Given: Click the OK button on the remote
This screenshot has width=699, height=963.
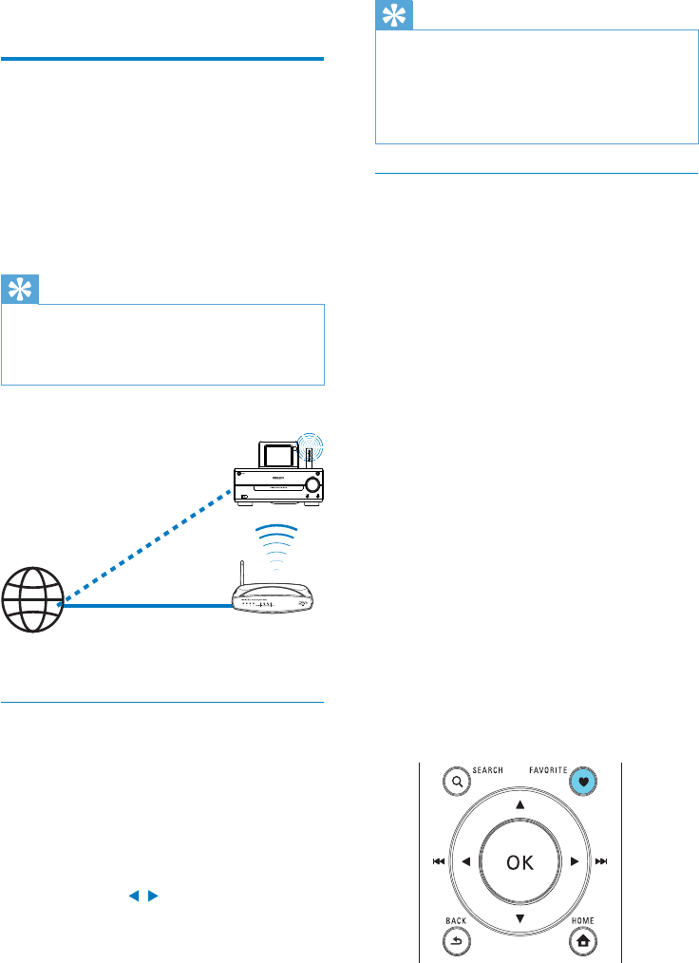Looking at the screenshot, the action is click(520, 862).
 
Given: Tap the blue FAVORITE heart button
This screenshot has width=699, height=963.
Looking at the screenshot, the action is click(581, 783).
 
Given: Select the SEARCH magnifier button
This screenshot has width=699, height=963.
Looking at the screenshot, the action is click(458, 783).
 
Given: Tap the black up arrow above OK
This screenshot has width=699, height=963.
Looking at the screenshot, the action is click(520, 804).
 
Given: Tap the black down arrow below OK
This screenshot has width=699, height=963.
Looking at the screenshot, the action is click(520, 919).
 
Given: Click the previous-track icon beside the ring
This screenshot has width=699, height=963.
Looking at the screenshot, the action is click(438, 862).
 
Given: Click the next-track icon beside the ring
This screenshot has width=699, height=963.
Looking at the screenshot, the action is click(601, 862).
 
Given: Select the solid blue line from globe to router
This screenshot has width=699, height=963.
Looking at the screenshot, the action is click(142, 603).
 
